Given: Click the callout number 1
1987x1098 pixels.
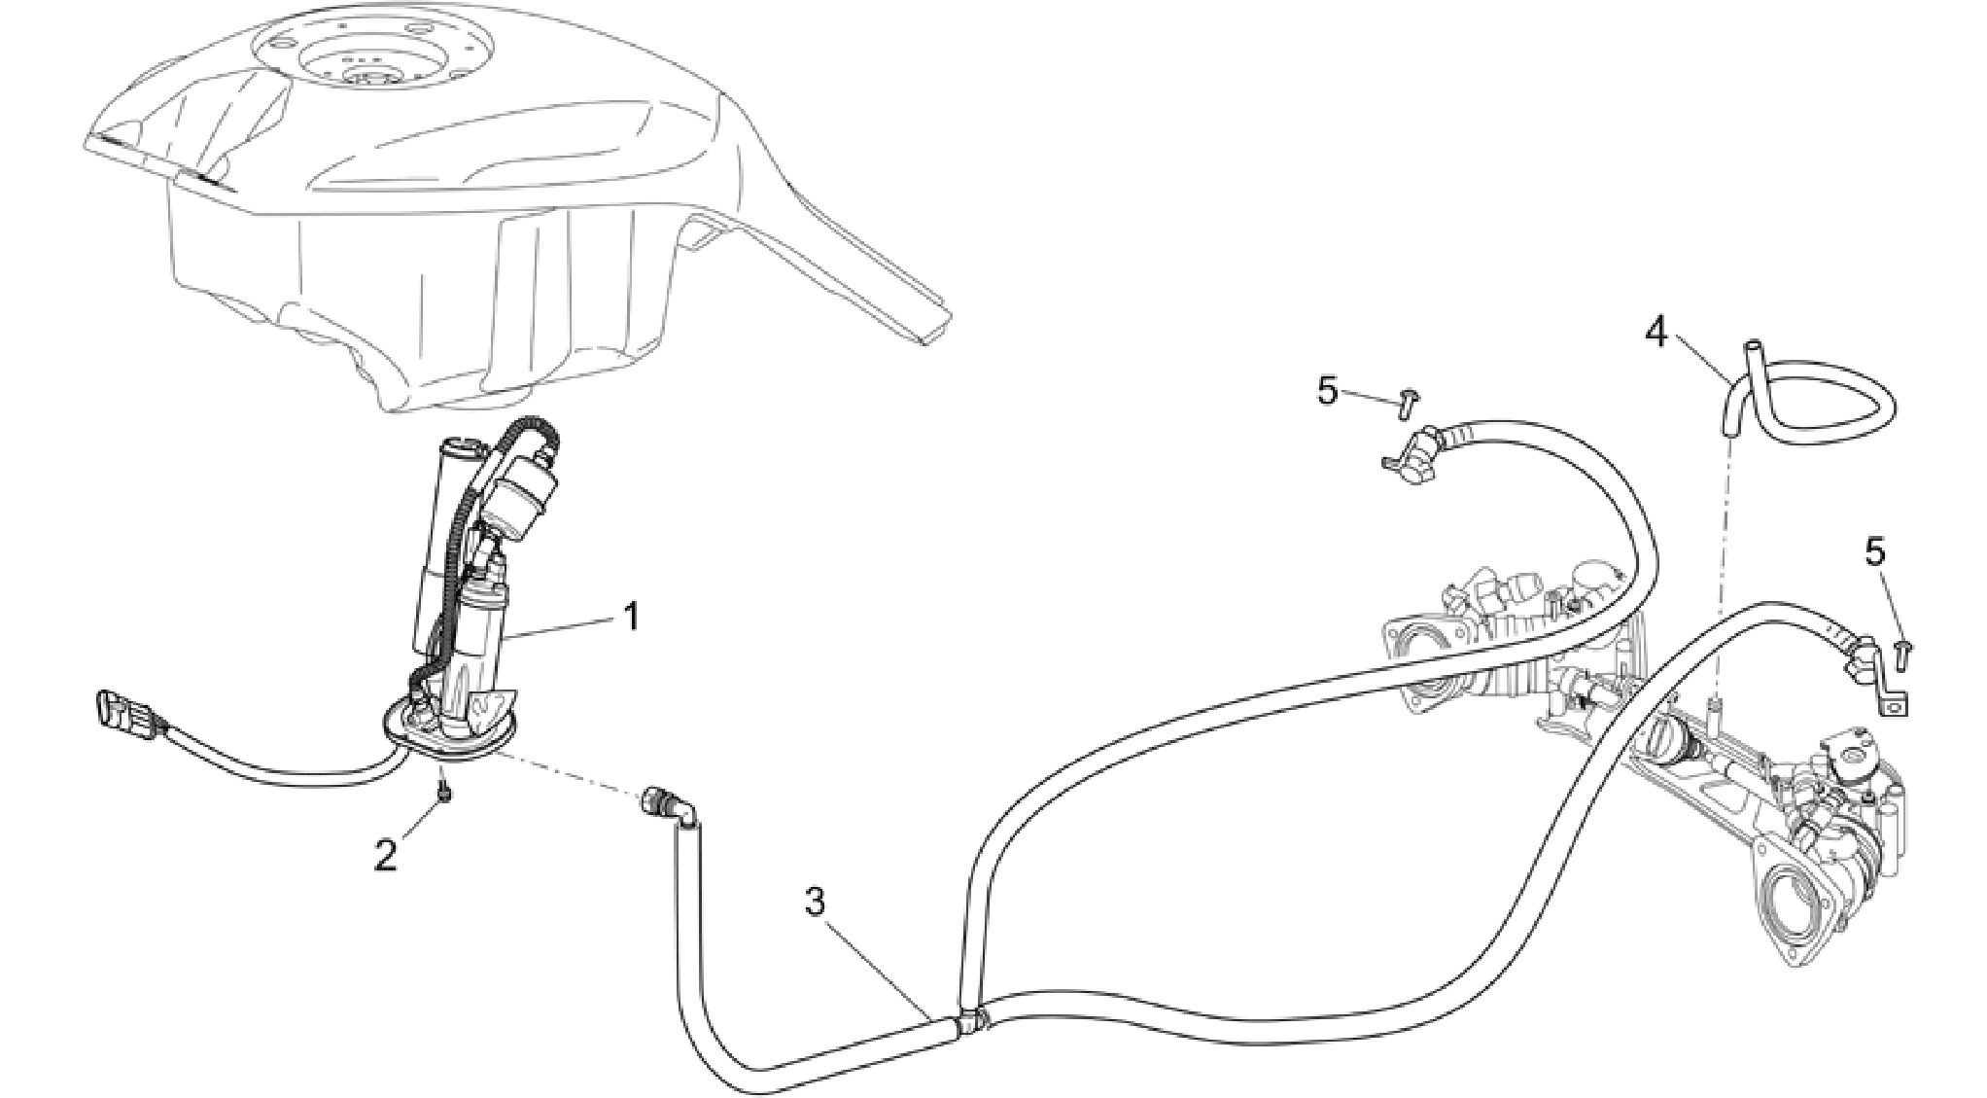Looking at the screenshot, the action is pos(631,617).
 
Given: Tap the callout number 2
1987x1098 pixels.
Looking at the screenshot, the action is pos(386,855).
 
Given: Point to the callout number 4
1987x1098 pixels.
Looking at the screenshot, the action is pos(1656,334).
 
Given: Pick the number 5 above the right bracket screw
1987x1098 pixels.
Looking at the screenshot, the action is pos(1875,551).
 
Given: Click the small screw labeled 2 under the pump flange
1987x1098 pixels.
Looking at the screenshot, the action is pos(444,822).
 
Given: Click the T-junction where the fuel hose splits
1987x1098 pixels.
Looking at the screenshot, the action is pos(970,1019).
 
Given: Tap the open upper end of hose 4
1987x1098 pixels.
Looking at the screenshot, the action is pos(1753,344).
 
